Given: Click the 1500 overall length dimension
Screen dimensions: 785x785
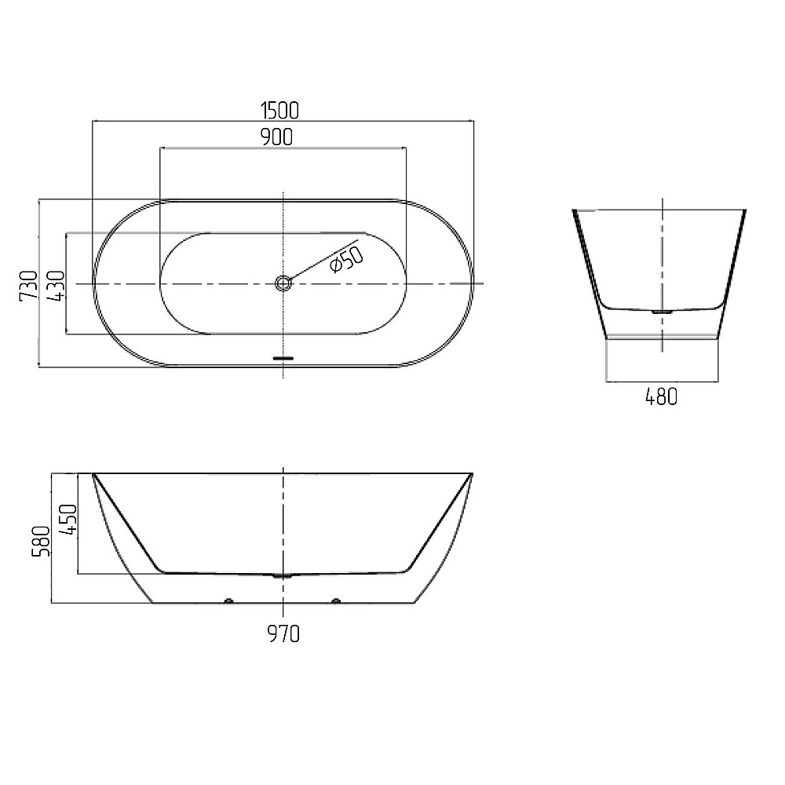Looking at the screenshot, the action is pyautogui.click(x=280, y=111).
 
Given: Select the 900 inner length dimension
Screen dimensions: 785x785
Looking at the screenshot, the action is pyautogui.click(x=277, y=137).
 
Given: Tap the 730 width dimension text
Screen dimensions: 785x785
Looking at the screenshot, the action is pyautogui.click(x=28, y=286).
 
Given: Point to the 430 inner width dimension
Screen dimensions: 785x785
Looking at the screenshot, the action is pyautogui.click(x=56, y=286).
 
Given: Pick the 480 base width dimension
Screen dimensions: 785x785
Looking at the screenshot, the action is pyautogui.click(x=661, y=397).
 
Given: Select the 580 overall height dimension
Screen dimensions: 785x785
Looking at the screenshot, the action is pyautogui.click(x=41, y=541).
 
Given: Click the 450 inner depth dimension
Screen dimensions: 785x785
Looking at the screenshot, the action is pyautogui.click(x=68, y=519).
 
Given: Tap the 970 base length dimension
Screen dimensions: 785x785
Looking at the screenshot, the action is pyautogui.click(x=283, y=633).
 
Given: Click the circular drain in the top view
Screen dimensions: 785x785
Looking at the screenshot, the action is pyautogui.click(x=283, y=283).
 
